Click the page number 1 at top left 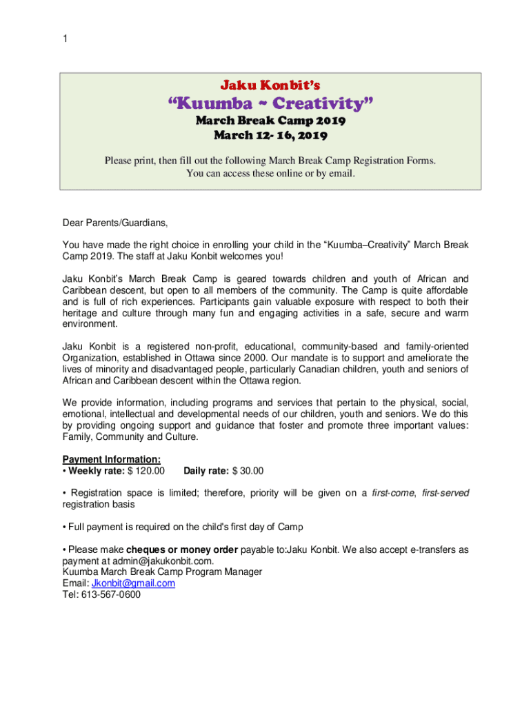[x=65, y=39]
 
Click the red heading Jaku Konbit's [x=270, y=85]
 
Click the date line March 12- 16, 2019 [x=270, y=135]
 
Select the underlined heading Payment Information [x=112, y=459]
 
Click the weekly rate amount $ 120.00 [x=143, y=471]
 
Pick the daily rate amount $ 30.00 [x=248, y=471]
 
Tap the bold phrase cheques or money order [x=182, y=549]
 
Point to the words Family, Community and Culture [x=130, y=436]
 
